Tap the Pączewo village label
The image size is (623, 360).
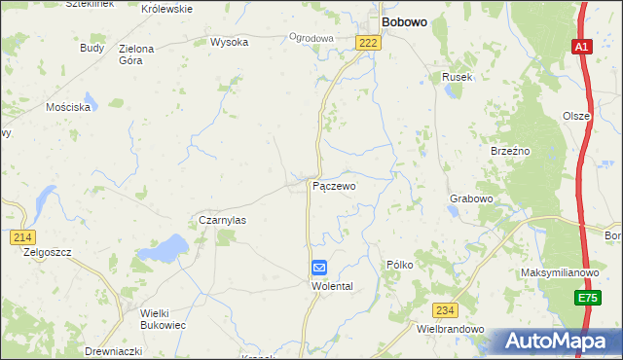pos(333,185)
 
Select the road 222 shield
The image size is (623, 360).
pos(367,43)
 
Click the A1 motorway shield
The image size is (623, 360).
pos(581,47)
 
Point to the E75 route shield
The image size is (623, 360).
pos(585,298)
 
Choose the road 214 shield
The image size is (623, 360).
pos(23,237)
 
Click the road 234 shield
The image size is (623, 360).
pos(445,309)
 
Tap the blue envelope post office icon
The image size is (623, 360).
pos(319,268)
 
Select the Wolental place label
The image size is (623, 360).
pos(330,286)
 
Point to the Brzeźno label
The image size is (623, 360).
pos(509,151)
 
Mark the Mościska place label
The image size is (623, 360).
pos(68,107)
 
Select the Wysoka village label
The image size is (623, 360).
pos(230,42)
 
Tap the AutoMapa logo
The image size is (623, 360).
pos(556,342)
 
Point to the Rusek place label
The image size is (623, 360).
pos(457,77)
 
